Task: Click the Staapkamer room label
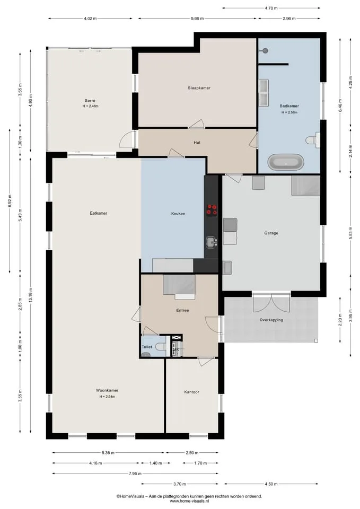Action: tap(199, 88)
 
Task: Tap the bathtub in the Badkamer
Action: tap(286, 162)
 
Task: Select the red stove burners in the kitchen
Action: tap(212, 210)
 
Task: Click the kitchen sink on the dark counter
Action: tap(212, 242)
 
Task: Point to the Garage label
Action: tap(271, 233)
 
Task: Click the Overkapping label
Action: tap(271, 320)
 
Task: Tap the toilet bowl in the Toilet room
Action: tap(161, 347)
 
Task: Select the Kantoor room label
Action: tap(191, 392)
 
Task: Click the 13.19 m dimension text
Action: tap(31, 295)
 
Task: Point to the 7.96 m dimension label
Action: tap(135, 473)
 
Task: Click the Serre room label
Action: tap(90, 101)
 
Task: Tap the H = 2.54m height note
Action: tap(107, 397)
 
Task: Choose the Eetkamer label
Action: tap(99, 213)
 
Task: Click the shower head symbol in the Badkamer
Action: tap(265, 51)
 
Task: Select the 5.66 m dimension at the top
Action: tap(197, 19)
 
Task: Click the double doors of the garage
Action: tap(271, 303)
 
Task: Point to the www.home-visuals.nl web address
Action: tap(189, 501)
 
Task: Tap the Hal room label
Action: tap(197, 143)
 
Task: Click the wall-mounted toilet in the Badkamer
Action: tap(312, 140)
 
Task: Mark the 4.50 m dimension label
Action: tap(271, 484)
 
